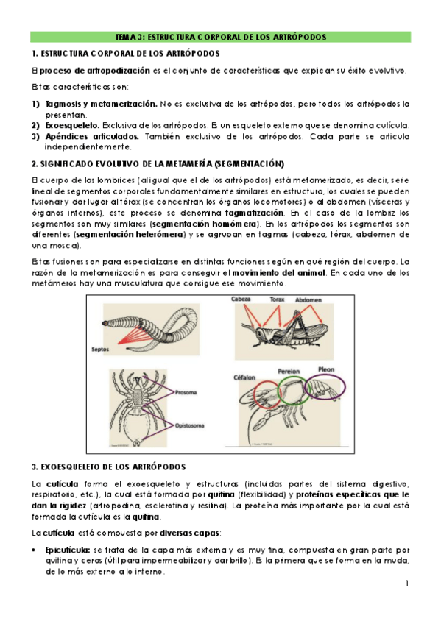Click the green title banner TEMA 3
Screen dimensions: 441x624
pyautogui.click(x=221, y=37)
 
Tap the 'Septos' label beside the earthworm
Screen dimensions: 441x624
pyautogui.click(x=100, y=349)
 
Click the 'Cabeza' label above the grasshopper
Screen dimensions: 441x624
pyautogui.click(x=241, y=299)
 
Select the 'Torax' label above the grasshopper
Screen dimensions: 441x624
pyautogui.click(x=277, y=299)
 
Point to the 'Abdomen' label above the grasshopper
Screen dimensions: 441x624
pyautogui.click(x=308, y=300)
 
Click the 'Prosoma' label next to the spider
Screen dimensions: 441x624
pyautogui.click(x=186, y=392)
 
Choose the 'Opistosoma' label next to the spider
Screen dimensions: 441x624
pyautogui.click(x=190, y=425)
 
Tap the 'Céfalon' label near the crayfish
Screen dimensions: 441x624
pyautogui.click(x=244, y=377)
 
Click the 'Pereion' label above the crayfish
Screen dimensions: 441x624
pyautogui.click(x=289, y=372)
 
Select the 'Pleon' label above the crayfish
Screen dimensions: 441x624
pyautogui.click(x=326, y=369)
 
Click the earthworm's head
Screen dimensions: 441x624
pyautogui.click(x=106, y=323)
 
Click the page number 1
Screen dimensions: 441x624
pyautogui.click(x=407, y=584)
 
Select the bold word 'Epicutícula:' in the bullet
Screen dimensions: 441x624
pyautogui.click(x=68, y=550)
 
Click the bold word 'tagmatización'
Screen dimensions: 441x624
pyautogui.click(x=255, y=213)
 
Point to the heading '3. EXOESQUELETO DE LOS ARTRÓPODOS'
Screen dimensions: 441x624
pyautogui.click(x=109, y=467)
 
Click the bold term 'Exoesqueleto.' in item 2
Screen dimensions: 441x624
pyautogui.click(x=72, y=125)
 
